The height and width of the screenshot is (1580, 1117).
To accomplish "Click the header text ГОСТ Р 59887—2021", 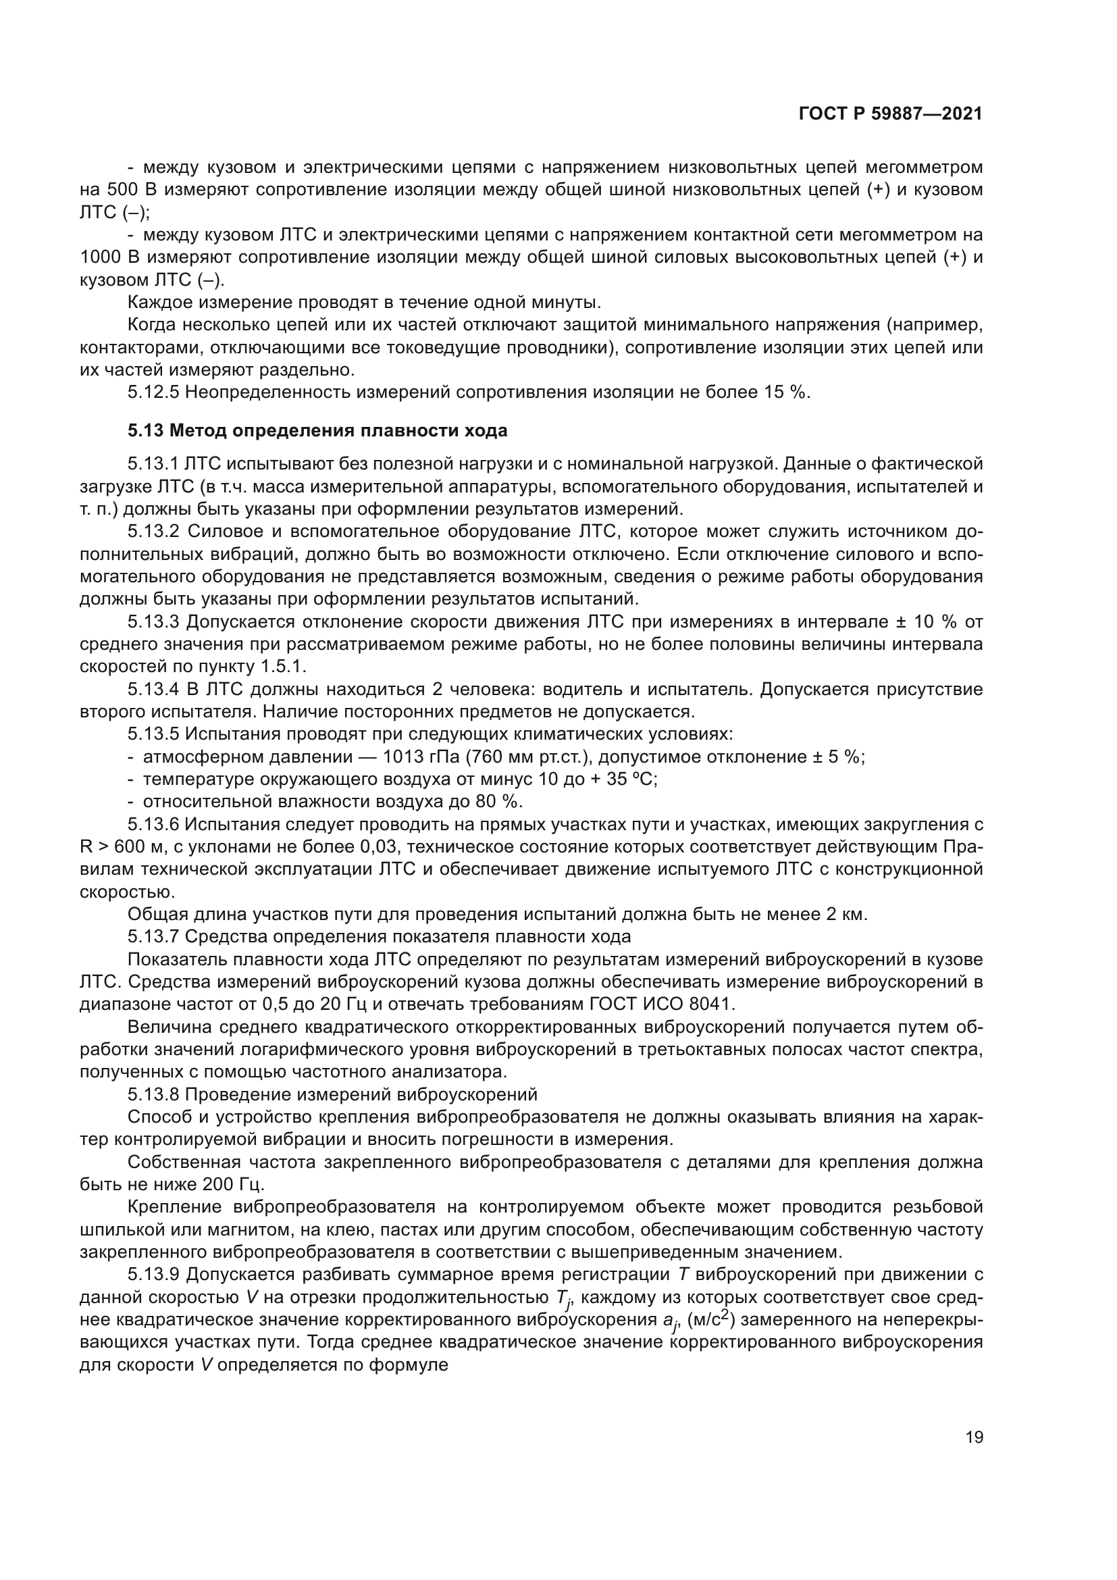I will coord(890,114).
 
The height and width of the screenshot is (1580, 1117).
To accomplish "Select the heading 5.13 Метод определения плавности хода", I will coord(317,431).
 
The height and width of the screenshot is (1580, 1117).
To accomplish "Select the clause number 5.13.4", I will coord(155,690).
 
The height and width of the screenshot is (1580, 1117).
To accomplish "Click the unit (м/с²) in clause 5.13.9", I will coord(711,1320).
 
